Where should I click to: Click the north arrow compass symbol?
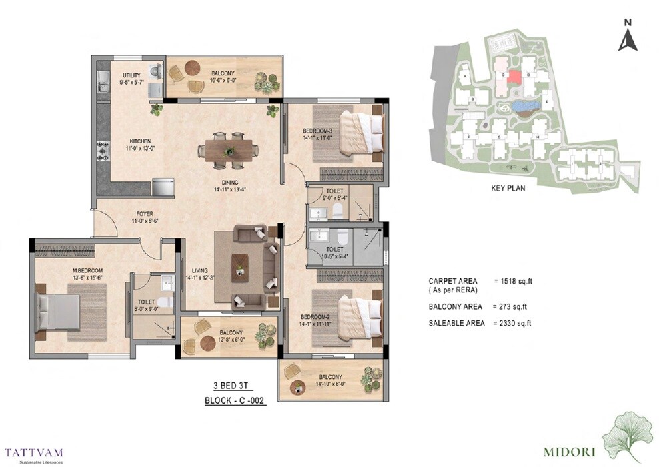pos(627,37)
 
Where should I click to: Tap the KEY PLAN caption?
pos(507,188)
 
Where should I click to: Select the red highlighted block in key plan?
pos(514,76)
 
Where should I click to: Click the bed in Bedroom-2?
pos(361,310)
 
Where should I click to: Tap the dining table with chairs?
pos(229,149)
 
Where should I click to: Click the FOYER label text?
pos(139,215)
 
